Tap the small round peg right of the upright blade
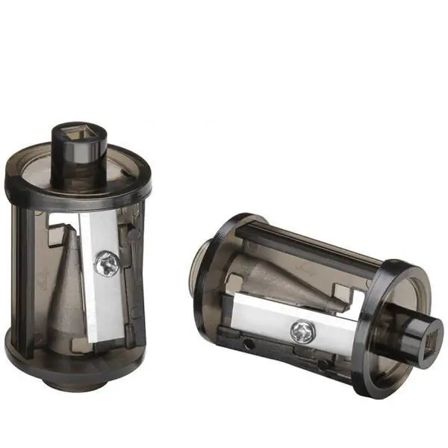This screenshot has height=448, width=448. click(x=132, y=233)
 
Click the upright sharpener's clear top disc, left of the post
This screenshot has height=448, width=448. click(x=37, y=172)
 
